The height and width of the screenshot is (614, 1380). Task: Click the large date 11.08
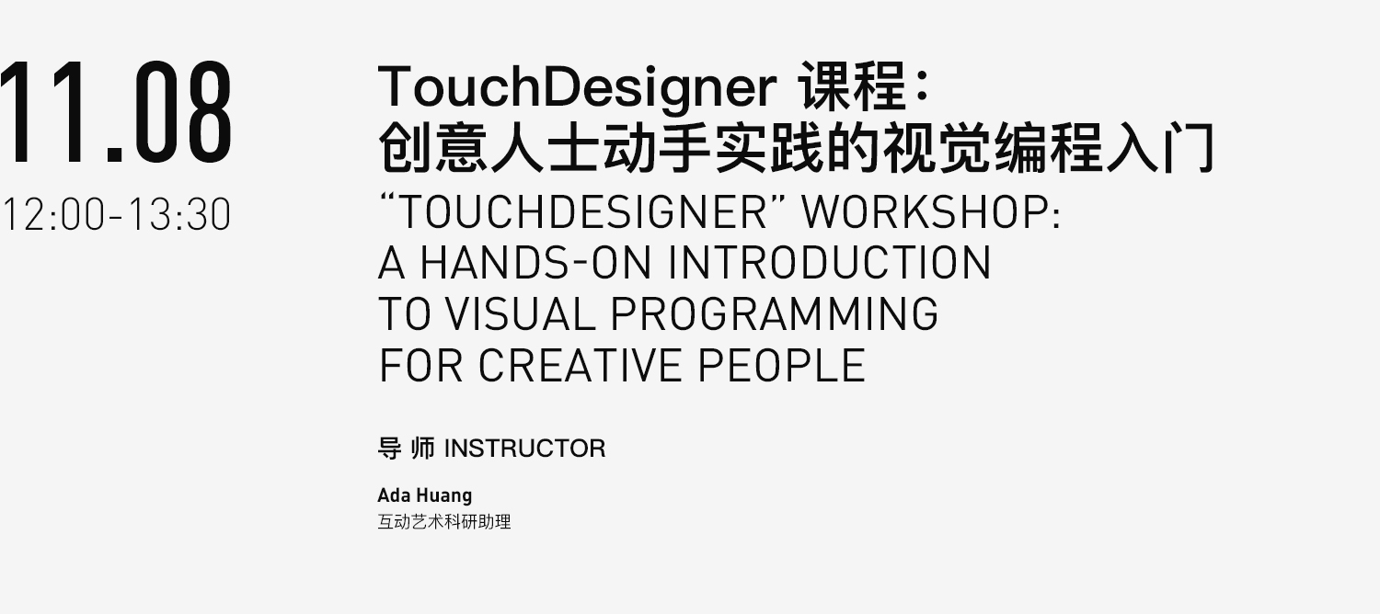click(116, 111)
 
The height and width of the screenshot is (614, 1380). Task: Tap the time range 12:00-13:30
click(117, 215)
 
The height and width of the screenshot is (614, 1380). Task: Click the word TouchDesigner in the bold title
click(577, 88)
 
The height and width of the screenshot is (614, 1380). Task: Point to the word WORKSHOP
click(930, 211)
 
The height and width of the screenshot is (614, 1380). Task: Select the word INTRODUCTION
click(829, 263)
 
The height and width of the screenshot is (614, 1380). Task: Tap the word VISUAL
click(520, 313)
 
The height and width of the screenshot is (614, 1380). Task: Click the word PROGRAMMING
click(775, 313)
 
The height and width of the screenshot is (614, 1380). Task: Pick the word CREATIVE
click(580, 366)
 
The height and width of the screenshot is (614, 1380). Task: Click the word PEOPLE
click(781, 366)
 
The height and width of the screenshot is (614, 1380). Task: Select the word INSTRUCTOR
click(525, 449)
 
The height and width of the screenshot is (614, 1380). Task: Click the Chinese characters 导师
click(407, 449)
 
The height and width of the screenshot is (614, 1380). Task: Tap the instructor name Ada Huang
click(424, 495)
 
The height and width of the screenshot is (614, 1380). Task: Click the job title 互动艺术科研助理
click(444, 522)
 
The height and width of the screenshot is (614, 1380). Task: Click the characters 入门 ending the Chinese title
click(1160, 148)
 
